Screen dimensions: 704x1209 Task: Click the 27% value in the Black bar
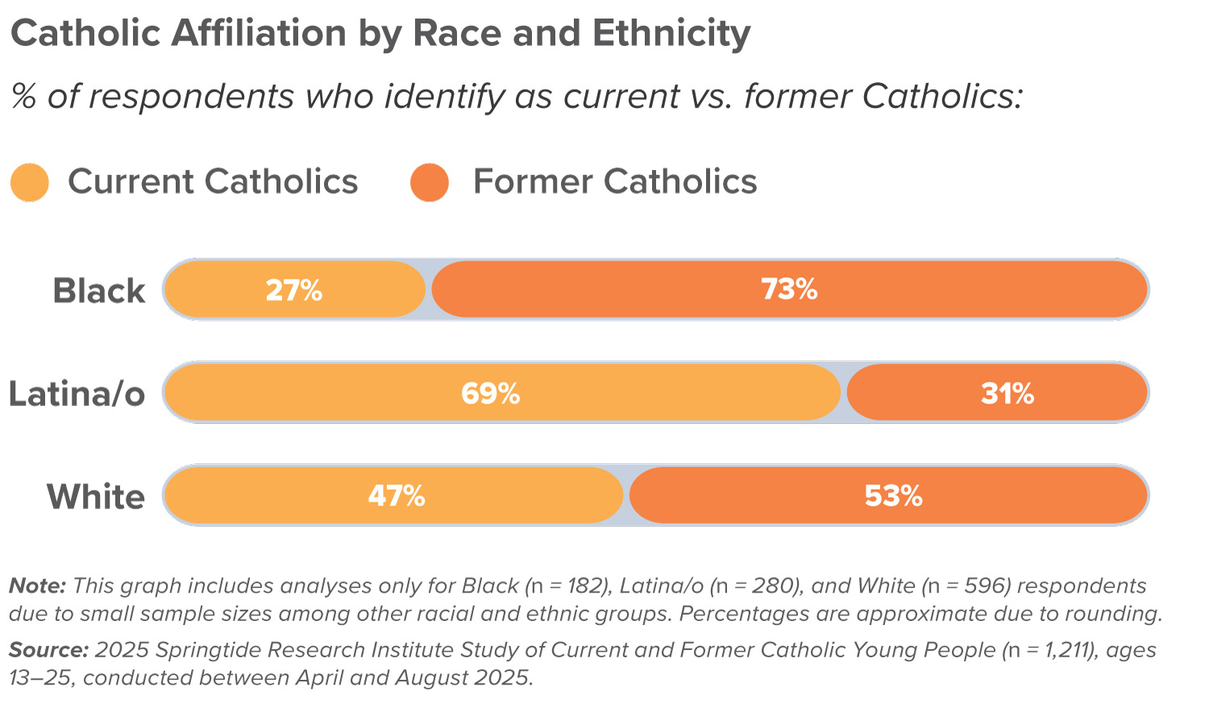pyautogui.click(x=294, y=290)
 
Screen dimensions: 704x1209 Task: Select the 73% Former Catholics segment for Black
pyautogui.click(x=789, y=289)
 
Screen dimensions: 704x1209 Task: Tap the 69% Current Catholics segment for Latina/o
pyautogui.click(x=490, y=393)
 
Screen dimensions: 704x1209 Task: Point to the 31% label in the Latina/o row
pyautogui.click(x=1008, y=393)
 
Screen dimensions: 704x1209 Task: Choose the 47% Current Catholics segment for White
pyautogui.click(x=396, y=495)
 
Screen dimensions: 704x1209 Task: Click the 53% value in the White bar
pyautogui.click(x=893, y=495)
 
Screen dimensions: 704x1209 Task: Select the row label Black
pyautogui.click(x=98, y=291)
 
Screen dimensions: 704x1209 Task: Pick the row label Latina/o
pyautogui.click(x=77, y=394)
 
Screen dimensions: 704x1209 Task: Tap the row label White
pyautogui.click(x=95, y=496)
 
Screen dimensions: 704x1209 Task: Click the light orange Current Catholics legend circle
pyautogui.click(x=30, y=182)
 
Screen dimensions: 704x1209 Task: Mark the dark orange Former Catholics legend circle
pyautogui.click(x=430, y=182)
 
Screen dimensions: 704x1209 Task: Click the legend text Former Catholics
pyautogui.click(x=615, y=181)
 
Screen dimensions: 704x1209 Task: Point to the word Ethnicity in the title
pyautogui.click(x=671, y=34)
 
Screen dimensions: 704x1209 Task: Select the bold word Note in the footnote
pyautogui.click(x=36, y=586)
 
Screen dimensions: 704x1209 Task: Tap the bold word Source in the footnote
pyautogui.click(x=48, y=650)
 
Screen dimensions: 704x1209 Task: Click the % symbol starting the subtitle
pyautogui.click(x=24, y=97)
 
